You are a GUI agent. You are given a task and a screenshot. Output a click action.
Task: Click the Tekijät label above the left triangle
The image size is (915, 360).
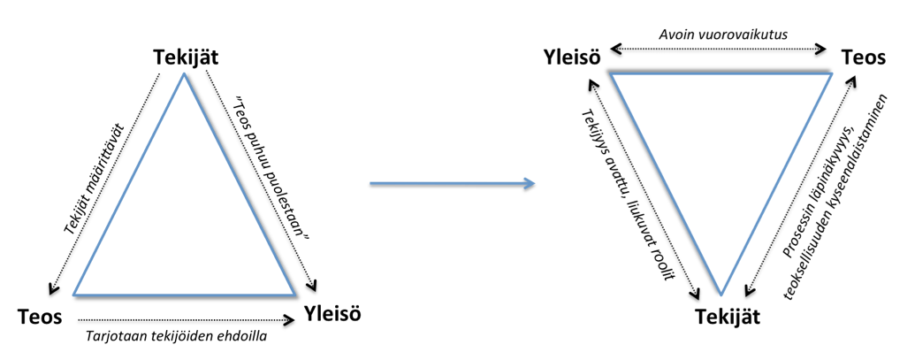tap(184, 57)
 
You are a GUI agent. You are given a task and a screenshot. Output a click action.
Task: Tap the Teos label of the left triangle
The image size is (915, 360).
tap(41, 316)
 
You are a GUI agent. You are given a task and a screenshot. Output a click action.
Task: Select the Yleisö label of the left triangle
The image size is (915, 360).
tap(332, 313)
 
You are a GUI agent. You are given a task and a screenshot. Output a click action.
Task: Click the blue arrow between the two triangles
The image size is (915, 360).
tap(452, 183)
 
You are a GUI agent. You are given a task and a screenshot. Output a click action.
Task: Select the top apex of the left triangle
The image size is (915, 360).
tap(184, 74)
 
